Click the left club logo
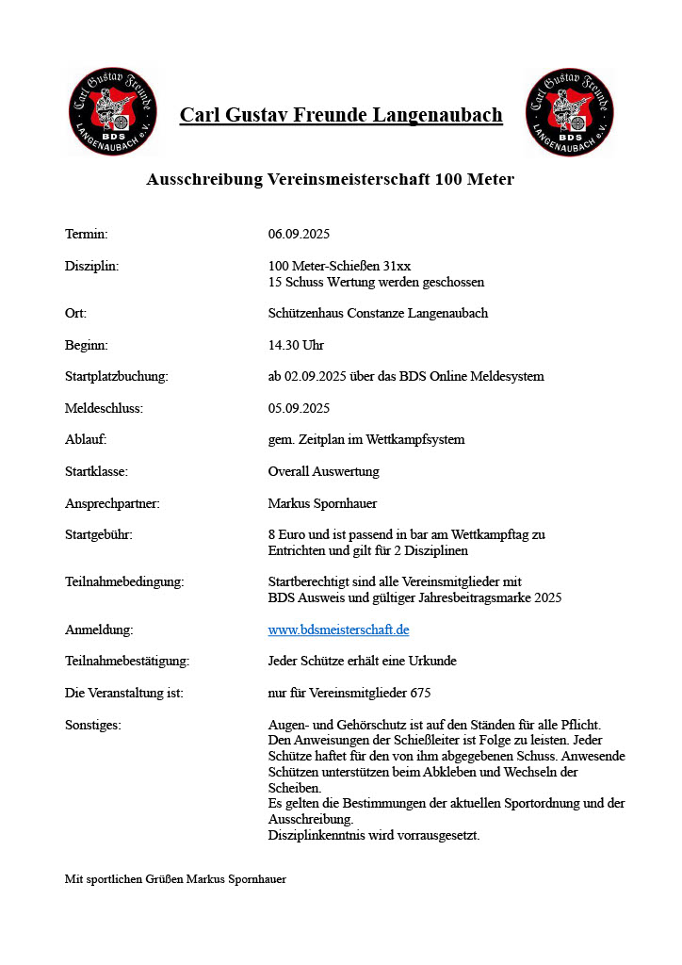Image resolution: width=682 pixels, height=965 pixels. coord(112,112)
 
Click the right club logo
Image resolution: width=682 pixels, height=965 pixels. coord(568,112)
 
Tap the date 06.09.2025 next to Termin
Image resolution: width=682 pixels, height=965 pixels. coord(299,234)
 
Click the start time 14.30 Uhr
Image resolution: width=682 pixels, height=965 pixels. coord(296,345)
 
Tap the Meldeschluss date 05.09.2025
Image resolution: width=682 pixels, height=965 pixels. coord(299,408)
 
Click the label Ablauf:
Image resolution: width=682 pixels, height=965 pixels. coord(86,439)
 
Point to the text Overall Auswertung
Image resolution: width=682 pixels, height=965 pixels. coord(323,471)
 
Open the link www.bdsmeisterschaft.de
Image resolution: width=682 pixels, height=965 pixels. coord(338,630)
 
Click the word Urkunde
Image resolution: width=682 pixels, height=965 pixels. coord(431,661)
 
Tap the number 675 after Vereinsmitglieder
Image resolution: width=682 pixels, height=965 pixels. coord(420,693)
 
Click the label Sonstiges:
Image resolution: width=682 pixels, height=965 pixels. coord(93,725)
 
